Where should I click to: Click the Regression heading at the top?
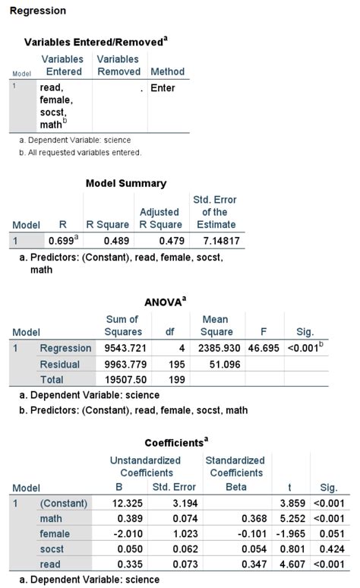click(x=37, y=11)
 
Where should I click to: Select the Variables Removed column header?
click(x=118, y=65)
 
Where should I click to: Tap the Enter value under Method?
click(x=163, y=88)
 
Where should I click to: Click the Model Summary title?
click(x=126, y=183)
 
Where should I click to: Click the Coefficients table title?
click(x=176, y=442)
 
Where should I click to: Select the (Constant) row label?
click(x=63, y=503)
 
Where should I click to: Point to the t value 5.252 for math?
click(x=292, y=518)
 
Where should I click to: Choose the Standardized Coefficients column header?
click(x=235, y=466)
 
